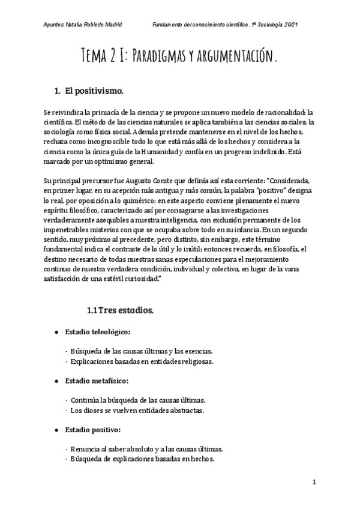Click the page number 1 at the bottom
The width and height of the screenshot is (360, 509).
[314, 482]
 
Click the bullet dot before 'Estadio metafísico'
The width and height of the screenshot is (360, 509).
[56, 381]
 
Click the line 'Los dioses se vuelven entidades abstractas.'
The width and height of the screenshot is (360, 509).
[137, 410]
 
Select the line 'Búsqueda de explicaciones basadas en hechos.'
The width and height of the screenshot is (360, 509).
[142, 459]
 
